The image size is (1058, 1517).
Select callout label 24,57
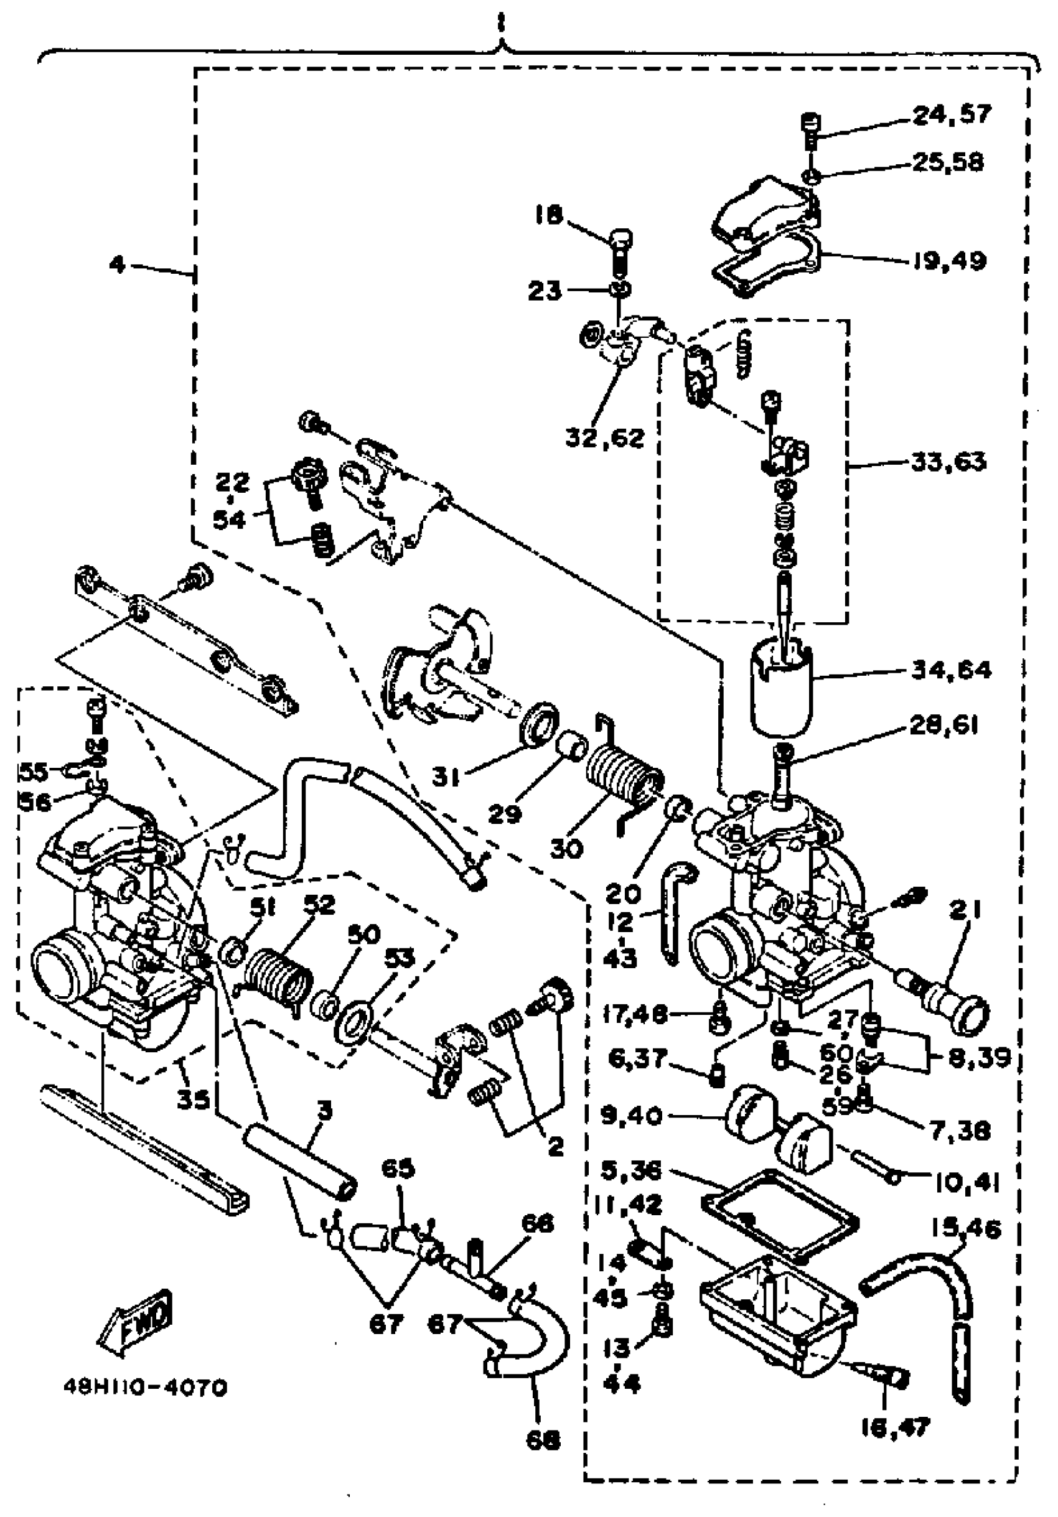pos(952,114)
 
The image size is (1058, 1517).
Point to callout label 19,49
pos(950,261)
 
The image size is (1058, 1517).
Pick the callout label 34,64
pos(951,670)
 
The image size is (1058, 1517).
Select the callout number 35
pos(193,1099)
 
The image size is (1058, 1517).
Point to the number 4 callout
pos(116,265)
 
